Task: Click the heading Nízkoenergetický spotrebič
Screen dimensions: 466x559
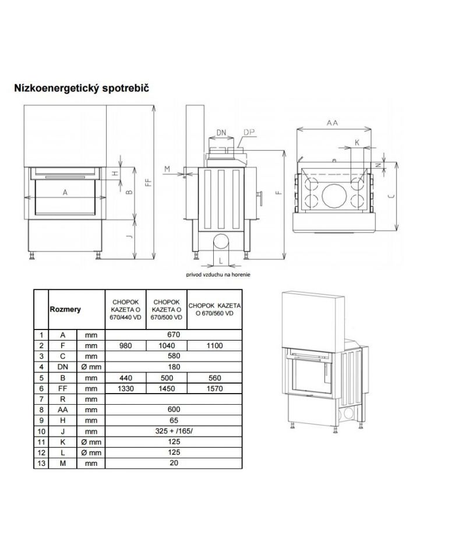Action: coord(82,88)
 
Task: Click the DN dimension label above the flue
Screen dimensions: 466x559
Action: coord(221,133)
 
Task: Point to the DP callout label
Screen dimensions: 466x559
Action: coord(249,132)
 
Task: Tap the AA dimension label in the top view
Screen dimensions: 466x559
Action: coord(332,123)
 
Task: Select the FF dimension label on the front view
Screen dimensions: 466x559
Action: coord(149,182)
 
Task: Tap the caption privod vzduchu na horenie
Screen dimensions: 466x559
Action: coord(218,274)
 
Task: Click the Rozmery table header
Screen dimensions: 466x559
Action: coord(65,309)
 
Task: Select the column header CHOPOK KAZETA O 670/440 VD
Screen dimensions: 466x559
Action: coord(125,309)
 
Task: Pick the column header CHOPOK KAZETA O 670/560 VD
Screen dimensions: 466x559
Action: coord(214,309)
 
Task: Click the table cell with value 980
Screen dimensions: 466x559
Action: coord(125,345)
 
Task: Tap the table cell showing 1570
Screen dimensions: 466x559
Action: coord(214,388)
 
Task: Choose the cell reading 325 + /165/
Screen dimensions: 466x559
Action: coord(174,431)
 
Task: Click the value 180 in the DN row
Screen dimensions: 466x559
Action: coord(174,367)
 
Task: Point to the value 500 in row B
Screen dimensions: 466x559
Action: coord(167,378)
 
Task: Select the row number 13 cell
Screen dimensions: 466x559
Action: coord(41,464)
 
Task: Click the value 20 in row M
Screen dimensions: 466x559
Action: coord(174,463)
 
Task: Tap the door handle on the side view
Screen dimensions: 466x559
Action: coord(260,198)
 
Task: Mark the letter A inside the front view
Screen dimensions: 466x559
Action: coord(65,193)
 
